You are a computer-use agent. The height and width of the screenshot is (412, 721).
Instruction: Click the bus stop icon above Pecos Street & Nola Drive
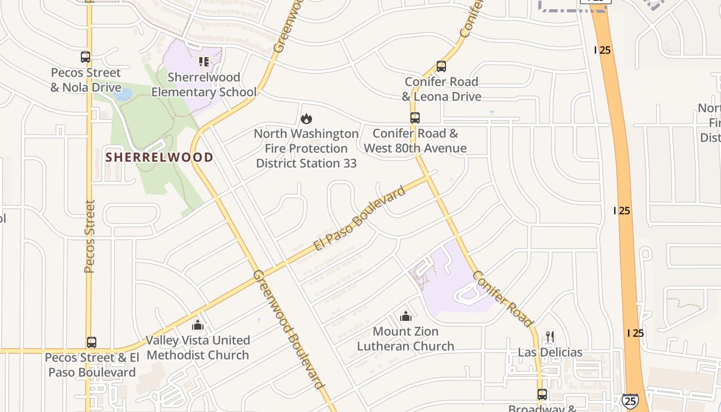coord(85,57)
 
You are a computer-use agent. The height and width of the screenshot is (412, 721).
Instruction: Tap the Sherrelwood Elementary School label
coord(204,85)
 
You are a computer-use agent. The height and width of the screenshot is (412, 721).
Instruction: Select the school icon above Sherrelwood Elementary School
coord(204,62)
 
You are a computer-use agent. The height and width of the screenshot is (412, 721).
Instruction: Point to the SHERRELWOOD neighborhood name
coord(160,158)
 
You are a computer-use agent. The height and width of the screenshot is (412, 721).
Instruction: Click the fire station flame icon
coord(306,119)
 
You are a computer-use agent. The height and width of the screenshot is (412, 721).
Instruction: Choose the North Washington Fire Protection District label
coord(306,148)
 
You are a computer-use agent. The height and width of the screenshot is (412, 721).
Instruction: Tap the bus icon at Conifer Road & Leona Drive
coord(441,66)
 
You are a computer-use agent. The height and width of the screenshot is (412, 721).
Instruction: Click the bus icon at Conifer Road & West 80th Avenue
coord(415,118)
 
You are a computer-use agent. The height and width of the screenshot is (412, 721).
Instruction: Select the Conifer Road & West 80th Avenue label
coord(415,141)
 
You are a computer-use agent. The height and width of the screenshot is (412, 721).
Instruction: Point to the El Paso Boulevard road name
coord(360,218)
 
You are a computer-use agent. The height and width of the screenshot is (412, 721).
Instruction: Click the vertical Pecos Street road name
coord(90,236)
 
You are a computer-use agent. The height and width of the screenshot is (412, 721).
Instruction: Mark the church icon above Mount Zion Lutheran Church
coord(406,316)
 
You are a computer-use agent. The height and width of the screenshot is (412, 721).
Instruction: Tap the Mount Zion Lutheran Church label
coord(406,339)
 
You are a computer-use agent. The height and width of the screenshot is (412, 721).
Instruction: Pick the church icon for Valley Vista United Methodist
coord(198,325)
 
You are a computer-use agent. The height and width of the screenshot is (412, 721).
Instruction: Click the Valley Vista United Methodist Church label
coord(198,348)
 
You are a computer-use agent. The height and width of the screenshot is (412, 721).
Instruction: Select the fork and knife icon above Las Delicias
coord(550,337)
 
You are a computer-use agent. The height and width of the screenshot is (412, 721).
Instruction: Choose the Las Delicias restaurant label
coord(550,353)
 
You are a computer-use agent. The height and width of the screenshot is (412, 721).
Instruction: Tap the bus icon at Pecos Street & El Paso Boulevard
coord(92,342)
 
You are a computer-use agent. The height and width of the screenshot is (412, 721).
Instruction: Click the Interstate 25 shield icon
coord(630,401)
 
